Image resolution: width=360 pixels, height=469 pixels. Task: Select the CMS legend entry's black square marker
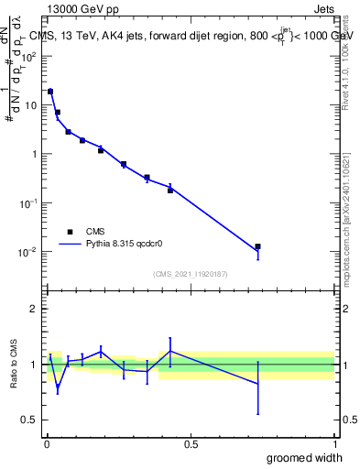pyautogui.click(x=70, y=232)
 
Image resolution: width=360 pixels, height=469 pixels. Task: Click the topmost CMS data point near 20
pyautogui.click(x=50, y=92)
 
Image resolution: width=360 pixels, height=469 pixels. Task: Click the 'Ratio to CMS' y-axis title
pyautogui.click(x=14, y=364)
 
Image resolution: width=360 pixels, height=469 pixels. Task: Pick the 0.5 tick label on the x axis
pyautogui.click(x=191, y=444)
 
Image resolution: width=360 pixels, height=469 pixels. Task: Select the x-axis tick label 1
pyautogui.click(x=334, y=444)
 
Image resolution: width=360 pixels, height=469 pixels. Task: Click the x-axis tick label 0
pyautogui.click(x=46, y=444)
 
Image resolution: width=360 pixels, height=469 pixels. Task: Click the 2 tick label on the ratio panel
pyautogui.click(x=34, y=309)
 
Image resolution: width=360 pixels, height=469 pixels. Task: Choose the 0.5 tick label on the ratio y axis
pyautogui.click(x=30, y=420)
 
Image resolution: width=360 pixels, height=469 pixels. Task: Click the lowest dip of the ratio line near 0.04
pyautogui.click(x=58, y=388)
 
